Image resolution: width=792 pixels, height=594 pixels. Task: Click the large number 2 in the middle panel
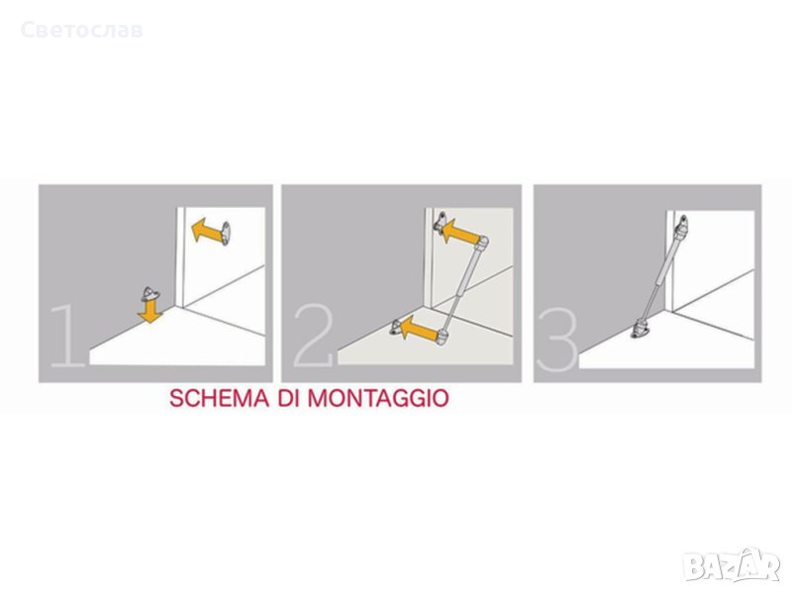314,335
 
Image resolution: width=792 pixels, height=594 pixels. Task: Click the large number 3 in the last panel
557,340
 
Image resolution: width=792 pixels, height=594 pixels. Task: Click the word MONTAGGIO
378,399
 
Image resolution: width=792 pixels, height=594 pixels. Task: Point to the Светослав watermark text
82,31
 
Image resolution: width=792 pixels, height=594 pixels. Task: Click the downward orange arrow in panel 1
150,311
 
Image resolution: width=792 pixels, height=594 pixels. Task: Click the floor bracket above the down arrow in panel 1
150,293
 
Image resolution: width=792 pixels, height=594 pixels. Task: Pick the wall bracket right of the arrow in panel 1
226,233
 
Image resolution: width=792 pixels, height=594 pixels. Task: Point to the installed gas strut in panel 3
660,275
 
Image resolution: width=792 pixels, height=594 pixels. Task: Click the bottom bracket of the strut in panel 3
640,330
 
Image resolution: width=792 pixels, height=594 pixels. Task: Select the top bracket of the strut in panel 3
682,226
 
